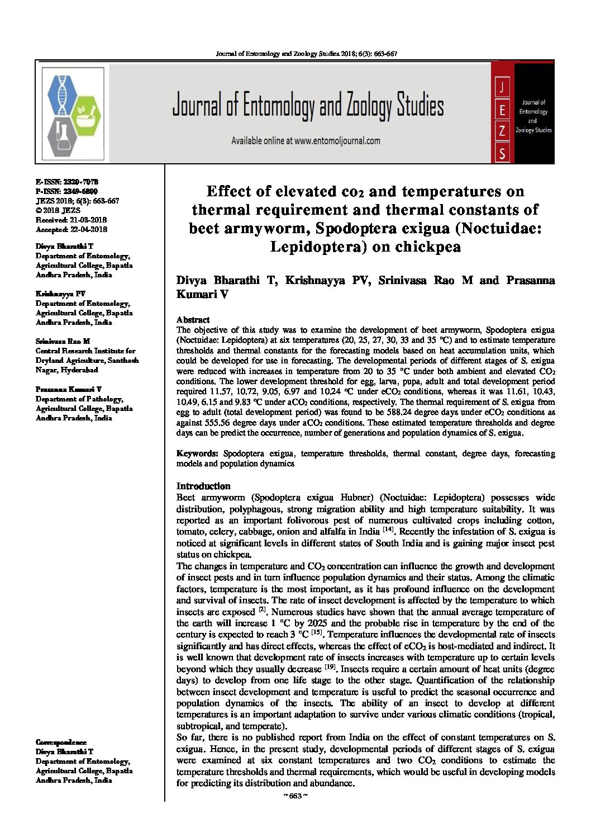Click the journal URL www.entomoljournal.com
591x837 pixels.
pos(337,141)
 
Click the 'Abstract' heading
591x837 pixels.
pos(193,320)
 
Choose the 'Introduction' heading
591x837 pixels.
pos(203,486)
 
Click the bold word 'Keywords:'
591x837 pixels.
pos(197,453)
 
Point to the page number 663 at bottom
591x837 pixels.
pos(295,796)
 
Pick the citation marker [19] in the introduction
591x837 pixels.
pos(331,668)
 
